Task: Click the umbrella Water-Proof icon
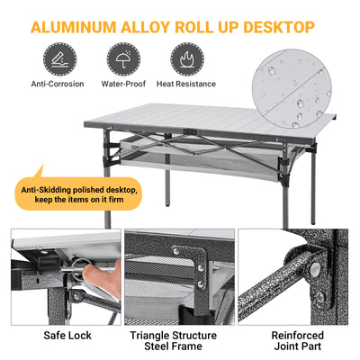click(x=121, y=59)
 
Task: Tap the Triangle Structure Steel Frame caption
click(x=180, y=341)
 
